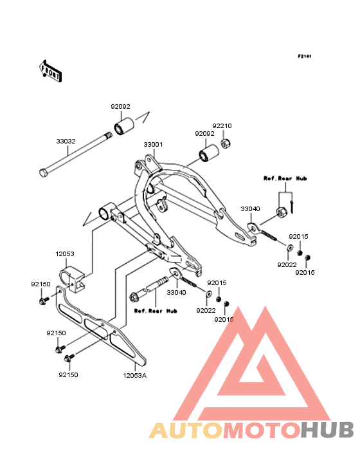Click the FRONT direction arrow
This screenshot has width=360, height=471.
[x=50, y=71]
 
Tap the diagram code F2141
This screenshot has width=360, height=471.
[x=305, y=56]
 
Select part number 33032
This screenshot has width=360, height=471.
[x=66, y=141]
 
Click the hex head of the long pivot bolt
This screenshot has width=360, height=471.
[x=44, y=172]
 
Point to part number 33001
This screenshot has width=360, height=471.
[x=153, y=145]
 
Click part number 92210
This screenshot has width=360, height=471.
[x=222, y=126]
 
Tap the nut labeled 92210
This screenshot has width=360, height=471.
[x=225, y=143]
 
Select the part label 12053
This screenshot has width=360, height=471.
[x=65, y=254]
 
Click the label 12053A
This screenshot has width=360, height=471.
[x=135, y=376]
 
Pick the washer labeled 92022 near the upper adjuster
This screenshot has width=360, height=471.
[x=290, y=248]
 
